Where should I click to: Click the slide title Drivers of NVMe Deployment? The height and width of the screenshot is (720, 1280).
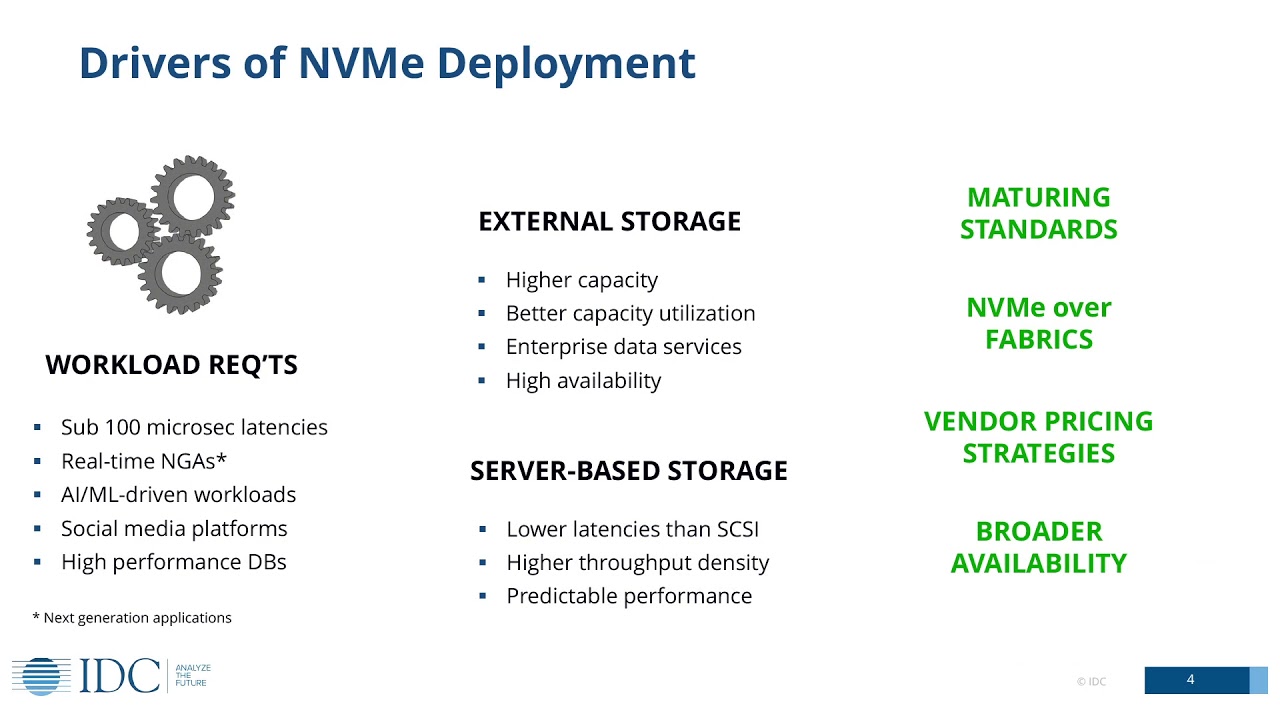click(x=387, y=63)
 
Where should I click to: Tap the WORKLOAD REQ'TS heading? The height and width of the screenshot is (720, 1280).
click(x=171, y=366)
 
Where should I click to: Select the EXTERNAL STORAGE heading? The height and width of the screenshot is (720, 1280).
click(x=609, y=222)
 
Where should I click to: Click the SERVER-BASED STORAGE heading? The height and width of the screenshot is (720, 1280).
click(x=628, y=471)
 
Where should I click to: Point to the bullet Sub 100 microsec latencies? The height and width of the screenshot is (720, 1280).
click(x=194, y=428)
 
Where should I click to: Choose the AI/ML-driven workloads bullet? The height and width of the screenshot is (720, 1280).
click(x=178, y=495)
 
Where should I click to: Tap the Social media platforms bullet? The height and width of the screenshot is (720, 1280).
click(x=174, y=529)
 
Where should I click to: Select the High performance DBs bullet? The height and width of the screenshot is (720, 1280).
click(x=173, y=562)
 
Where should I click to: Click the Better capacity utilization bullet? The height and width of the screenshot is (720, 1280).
click(x=630, y=314)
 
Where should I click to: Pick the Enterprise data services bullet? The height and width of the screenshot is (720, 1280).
click(x=623, y=347)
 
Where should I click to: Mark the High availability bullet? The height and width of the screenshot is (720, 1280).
click(x=583, y=381)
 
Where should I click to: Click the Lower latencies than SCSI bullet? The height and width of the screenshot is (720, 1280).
click(x=625, y=529)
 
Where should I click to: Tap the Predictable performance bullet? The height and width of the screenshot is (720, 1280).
click(x=628, y=596)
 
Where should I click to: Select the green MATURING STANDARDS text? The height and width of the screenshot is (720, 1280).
click(x=1038, y=213)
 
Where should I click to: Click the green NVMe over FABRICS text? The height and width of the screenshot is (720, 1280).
click(x=1038, y=323)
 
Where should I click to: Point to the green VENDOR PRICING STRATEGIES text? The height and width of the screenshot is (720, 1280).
click(x=1038, y=437)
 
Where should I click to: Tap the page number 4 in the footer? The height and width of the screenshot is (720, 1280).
click(x=1190, y=680)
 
